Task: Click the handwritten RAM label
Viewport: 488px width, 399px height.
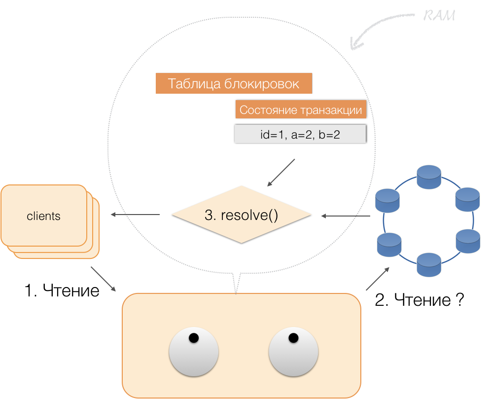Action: [439, 16]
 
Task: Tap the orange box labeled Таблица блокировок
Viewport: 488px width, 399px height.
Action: [234, 84]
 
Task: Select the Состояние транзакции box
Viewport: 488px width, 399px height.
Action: [301, 110]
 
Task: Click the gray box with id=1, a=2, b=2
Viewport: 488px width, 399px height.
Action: [300, 134]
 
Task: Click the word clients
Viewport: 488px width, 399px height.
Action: [43, 216]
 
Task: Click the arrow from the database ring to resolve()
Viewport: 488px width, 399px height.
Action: [345, 216]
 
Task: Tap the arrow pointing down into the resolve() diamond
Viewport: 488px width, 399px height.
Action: [281, 173]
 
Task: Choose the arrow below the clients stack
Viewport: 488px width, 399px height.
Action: [104, 279]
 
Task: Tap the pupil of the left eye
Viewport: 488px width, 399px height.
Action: [194, 338]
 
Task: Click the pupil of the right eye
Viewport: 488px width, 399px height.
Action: [293, 338]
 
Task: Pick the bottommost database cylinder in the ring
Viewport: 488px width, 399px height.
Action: [428, 264]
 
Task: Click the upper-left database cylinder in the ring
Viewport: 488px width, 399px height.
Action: [387, 199]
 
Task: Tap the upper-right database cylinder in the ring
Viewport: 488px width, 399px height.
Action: [467, 199]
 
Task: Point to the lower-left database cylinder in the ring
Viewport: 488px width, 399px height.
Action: [389, 244]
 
